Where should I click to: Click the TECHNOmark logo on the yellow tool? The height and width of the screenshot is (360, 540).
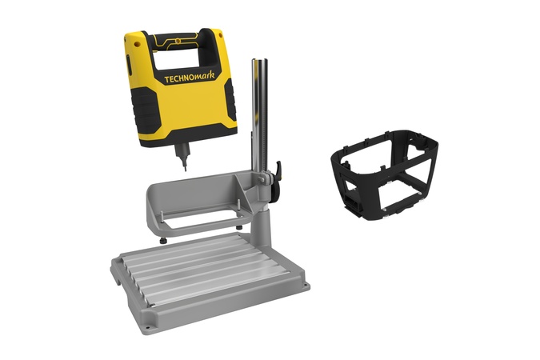click(x=189, y=78)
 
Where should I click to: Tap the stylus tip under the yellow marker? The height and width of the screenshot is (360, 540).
click(x=185, y=169)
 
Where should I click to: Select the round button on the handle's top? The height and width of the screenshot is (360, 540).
click(x=178, y=41)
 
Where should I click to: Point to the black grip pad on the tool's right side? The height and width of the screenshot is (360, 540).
click(x=230, y=100)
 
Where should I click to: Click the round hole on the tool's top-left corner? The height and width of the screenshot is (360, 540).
click(x=137, y=44)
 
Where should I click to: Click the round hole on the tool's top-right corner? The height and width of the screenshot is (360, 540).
click(x=220, y=35)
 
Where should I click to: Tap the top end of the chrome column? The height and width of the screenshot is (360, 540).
click(x=260, y=61)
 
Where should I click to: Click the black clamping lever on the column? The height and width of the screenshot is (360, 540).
click(x=275, y=182)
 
